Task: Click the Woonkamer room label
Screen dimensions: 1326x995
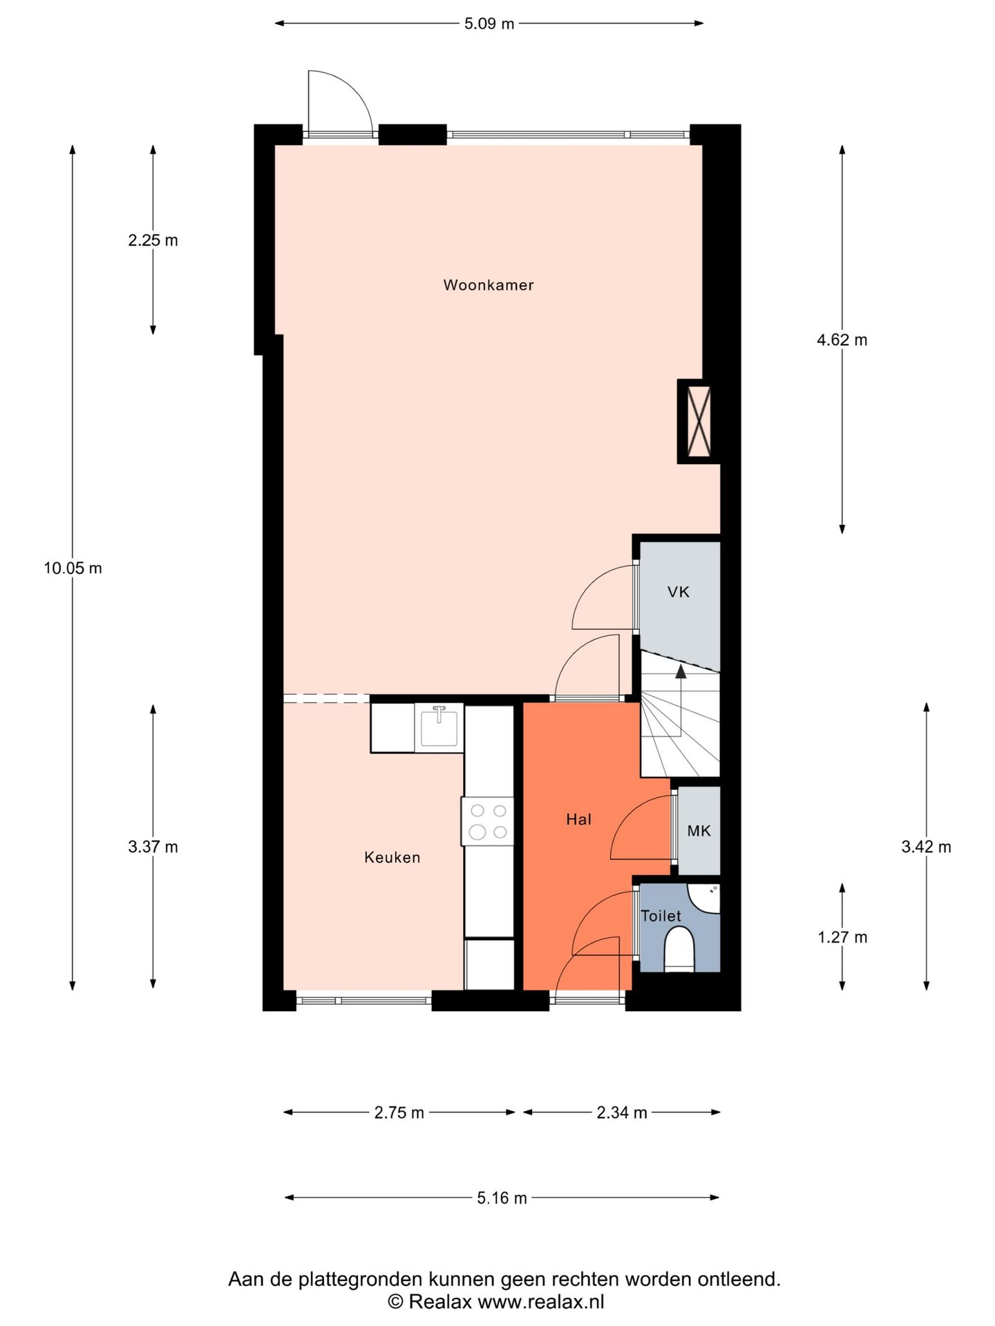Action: pyautogui.click(x=489, y=285)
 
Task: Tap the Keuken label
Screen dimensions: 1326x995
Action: pyautogui.click(x=392, y=857)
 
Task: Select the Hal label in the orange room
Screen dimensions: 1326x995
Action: pyautogui.click(x=578, y=820)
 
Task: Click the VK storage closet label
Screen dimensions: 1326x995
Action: pyautogui.click(x=678, y=592)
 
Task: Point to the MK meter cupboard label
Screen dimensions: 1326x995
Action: pyautogui.click(x=699, y=831)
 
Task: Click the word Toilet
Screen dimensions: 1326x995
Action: pyautogui.click(x=661, y=916)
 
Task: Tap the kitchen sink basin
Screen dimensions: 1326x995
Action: pyautogui.click(x=439, y=728)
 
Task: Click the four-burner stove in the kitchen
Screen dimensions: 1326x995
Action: pyautogui.click(x=488, y=821)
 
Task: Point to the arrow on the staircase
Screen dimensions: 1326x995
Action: pyautogui.click(x=681, y=671)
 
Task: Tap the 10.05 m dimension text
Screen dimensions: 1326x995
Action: pyautogui.click(x=73, y=568)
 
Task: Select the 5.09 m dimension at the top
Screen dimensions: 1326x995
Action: pyautogui.click(x=489, y=24)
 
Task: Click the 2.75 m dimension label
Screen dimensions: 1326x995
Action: pyautogui.click(x=399, y=1113)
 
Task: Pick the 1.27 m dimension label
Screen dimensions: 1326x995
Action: pyautogui.click(x=842, y=937)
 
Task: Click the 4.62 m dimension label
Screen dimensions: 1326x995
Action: pyautogui.click(x=842, y=340)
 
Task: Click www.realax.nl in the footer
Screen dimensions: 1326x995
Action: pyautogui.click(x=540, y=1302)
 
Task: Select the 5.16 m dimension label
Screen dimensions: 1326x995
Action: pyautogui.click(x=502, y=1198)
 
